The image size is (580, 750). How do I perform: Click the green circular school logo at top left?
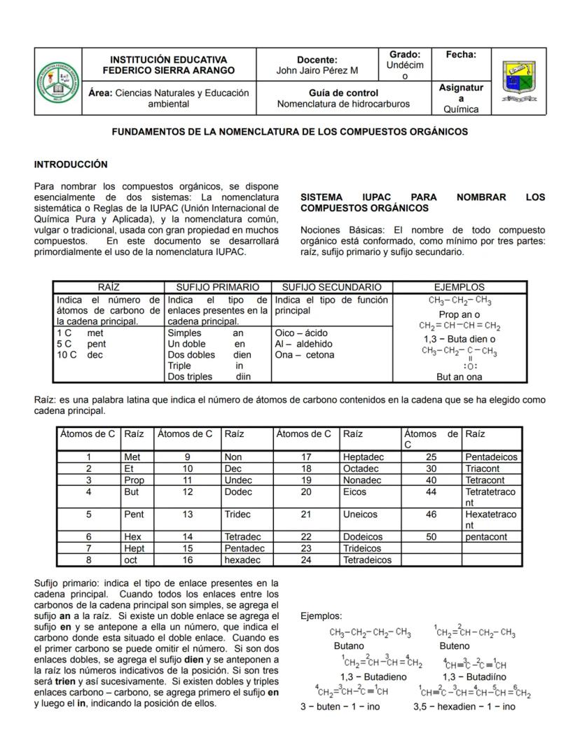(58, 81)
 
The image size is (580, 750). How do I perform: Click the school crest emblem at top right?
(520, 81)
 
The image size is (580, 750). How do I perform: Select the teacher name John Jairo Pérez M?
(317, 70)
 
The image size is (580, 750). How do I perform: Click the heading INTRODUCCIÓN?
(71, 165)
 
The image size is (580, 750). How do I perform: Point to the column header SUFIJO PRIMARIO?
(217, 287)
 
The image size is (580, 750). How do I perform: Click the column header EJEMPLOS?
(459, 287)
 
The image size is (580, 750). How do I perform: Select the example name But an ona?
(459, 377)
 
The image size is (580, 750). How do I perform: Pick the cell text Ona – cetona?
(305, 355)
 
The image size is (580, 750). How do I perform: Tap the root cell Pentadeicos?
(491, 457)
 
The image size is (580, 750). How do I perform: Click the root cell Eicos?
(354, 492)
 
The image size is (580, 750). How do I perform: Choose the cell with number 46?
(431, 514)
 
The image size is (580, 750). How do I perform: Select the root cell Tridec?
(237, 514)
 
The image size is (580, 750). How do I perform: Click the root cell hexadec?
(242, 560)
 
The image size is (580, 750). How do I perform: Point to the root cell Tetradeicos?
(367, 560)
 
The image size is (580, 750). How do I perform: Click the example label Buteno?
(455, 646)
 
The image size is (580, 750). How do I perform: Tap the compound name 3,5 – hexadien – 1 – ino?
(464, 707)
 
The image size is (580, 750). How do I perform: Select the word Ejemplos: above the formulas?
(321, 616)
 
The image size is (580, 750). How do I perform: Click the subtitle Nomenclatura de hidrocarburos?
(343, 104)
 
